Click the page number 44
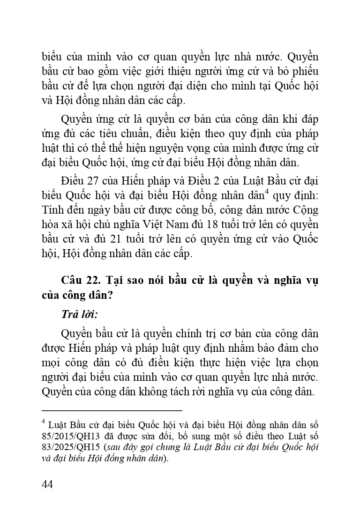(47, 484)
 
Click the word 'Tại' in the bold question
(115, 280)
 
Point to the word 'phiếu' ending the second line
(304, 72)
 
